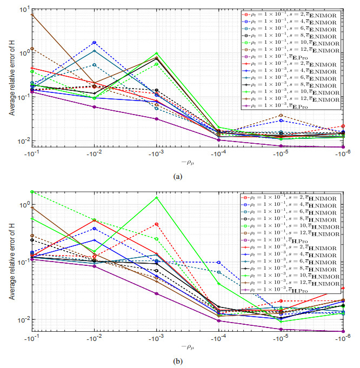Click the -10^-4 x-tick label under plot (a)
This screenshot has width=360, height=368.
coord(219,153)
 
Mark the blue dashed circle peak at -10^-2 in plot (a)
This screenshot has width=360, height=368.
coord(95,42)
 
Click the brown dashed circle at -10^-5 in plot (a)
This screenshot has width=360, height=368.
coord(281,115)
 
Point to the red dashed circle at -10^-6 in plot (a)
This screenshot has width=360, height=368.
coord(343,126)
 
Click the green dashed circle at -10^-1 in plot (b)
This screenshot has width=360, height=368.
coord(32,192)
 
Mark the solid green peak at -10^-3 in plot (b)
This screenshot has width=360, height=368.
coord(157,197)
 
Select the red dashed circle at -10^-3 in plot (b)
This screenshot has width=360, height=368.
coord(157,224)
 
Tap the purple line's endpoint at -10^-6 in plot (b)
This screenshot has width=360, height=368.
coord(343,331)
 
